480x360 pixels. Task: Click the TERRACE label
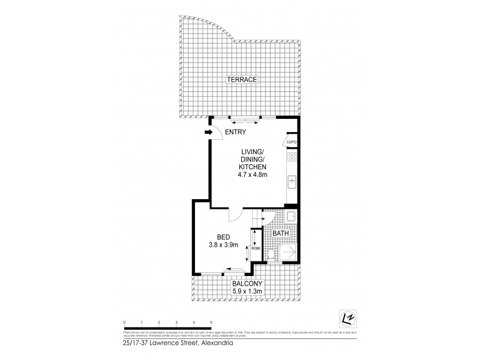pyautogui.click(x=241, y=80)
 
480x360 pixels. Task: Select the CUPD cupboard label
pyautogui.click(x=292, y=142)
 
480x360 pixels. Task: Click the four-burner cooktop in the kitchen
pyautogui.click(x=292, y=158)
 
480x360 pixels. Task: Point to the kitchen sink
pyautogui.click(x=291, y=180)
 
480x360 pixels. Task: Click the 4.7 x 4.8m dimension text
pyautogui.click(x=252, y=175)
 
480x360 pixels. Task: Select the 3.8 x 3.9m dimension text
pyautogui.click(x=219, y=244)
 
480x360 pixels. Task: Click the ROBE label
pyautogui.click(x=254, y=246)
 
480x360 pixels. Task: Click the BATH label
pyautogui.click(x=280, y=234)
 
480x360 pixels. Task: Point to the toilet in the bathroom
pyautogui.click(x=272, y=255)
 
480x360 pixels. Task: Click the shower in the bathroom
pyautogui.click(x=287, y=253)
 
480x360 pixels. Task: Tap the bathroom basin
pyautogui.click(x=290, y=217)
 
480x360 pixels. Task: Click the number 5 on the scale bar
pyautogui.click(x=211, y=323)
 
